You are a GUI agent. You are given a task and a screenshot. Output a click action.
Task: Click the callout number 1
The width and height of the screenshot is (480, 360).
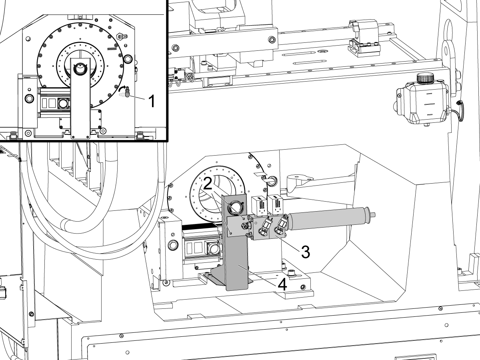click(x=152, y=101)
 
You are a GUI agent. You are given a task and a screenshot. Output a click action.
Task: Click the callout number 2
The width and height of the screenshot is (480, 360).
click(x=208, y=183)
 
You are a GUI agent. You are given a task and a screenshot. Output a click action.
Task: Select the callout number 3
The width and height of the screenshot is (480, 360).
click(x=306, y=252)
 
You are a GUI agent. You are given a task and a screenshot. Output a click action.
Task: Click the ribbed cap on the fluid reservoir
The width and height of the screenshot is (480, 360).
click(x=425, y=78)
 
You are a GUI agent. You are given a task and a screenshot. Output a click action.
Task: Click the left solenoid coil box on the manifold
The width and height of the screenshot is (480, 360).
click(x=259, y=205)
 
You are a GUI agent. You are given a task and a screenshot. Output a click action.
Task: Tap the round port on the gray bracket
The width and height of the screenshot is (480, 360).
click(x=235, y=206)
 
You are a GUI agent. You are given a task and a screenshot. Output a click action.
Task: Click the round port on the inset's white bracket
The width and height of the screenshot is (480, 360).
click(x=80, y=69)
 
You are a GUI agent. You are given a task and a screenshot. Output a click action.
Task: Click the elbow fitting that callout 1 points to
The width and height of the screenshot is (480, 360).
click(x=127, y=92)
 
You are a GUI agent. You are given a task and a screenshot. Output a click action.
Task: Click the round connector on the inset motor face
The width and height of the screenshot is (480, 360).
click(x=64, y=103)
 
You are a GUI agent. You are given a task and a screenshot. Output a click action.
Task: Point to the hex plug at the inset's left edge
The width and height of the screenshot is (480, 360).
click(x=29, y=98)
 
